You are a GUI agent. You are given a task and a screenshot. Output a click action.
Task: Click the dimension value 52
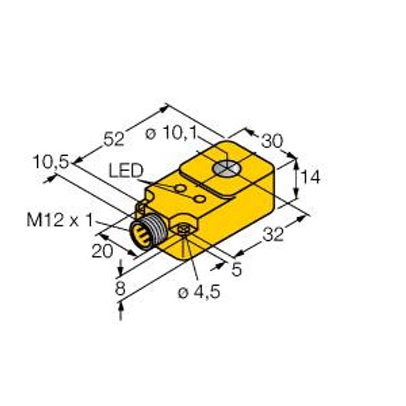[x=114, y=139]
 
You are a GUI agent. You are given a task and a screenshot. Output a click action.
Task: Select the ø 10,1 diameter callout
[x=171, y=133]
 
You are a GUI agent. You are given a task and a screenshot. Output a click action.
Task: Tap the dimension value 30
[x=272, y=141]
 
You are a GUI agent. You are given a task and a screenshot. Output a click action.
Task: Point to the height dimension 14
[x=311, y=177]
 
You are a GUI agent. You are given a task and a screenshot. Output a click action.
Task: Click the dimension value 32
[x=273, y=235]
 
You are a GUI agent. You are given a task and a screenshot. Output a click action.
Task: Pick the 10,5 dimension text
[x=51, y=162]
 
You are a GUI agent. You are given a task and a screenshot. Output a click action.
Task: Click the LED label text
[x=126, y=171]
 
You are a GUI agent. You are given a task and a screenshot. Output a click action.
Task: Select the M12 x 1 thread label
[x=60, y=221]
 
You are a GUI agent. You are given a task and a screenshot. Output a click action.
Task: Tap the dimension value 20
[x=103, y=251]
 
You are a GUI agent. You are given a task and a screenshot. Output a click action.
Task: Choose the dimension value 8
[x=120, y=288]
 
